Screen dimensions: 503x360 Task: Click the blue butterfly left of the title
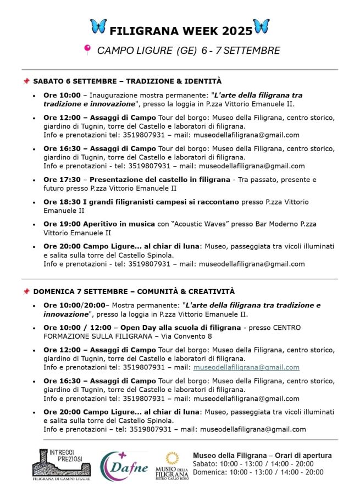[98, 26]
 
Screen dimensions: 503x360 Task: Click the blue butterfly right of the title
[261, 26]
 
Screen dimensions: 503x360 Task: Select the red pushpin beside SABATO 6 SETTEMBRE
[26, 81]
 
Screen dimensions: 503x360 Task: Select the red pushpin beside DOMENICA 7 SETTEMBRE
[26, 291]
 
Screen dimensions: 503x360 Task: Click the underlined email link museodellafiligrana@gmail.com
[246, 367]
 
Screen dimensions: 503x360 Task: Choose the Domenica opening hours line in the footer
[258, 472]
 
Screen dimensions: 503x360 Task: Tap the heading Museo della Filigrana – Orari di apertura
[262, 455]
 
